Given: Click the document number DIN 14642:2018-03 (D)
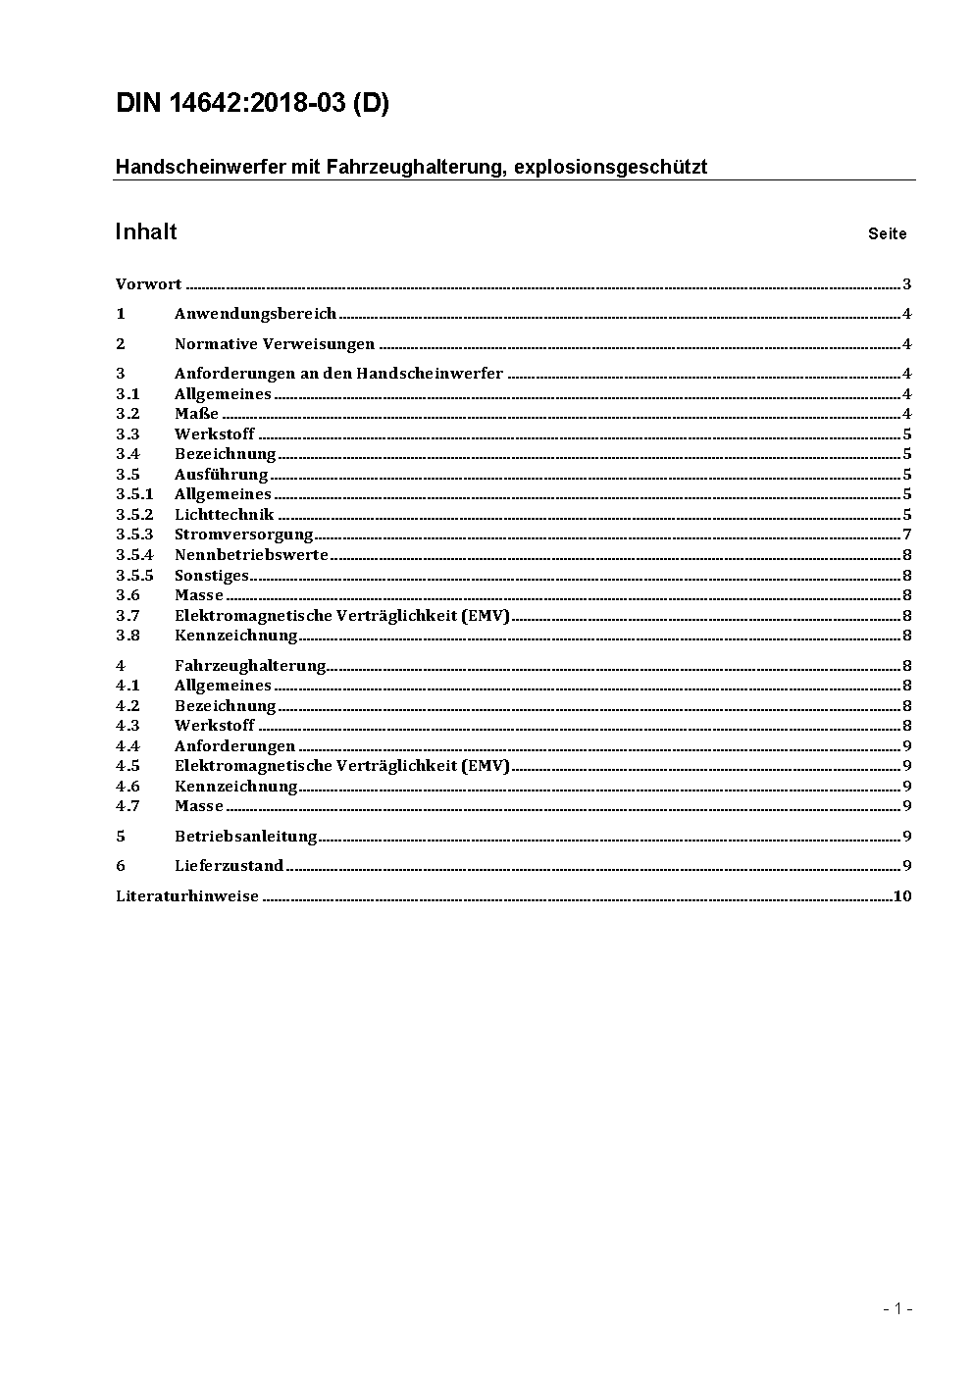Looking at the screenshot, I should click(x=252, y=104).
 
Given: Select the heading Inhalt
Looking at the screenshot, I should click(x=146, y=231).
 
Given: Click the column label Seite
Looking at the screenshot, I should click(x=887, y=233).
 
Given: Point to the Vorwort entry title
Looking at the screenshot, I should click(x=148, y=284).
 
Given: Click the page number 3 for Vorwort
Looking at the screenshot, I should click(x=907, y=284).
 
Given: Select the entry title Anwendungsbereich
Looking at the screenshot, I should click(x=255, y=314).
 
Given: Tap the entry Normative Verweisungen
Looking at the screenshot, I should click(x=275, y=344).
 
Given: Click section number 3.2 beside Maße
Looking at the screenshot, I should click(x=128, y=414).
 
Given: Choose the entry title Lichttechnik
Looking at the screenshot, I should click(x=224, y=515).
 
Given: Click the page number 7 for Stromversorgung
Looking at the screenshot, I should click(x=907, y=535).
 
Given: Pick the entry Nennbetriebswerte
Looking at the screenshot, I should click(x=251, y=555).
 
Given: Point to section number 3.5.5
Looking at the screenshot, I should click(x=134, y=576).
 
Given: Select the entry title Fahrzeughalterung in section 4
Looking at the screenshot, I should click(x=250, y=665).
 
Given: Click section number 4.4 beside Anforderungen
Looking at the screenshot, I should click(x=128, y=746).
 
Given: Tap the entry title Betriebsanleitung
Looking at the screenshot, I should click(x=246, y=837).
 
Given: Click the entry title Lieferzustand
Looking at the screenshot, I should click(x=229, y=866).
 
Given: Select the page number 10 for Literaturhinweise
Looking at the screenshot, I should click(x=902, y=896).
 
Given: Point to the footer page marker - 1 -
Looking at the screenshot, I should click(x=896, y=1308).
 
